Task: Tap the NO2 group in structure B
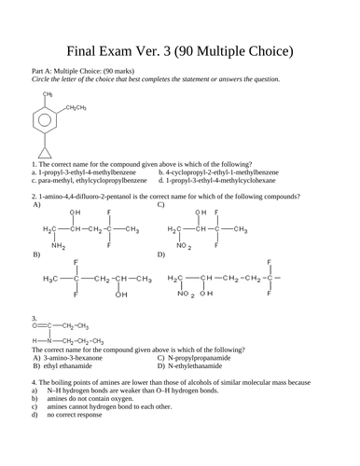tap(199, 246)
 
